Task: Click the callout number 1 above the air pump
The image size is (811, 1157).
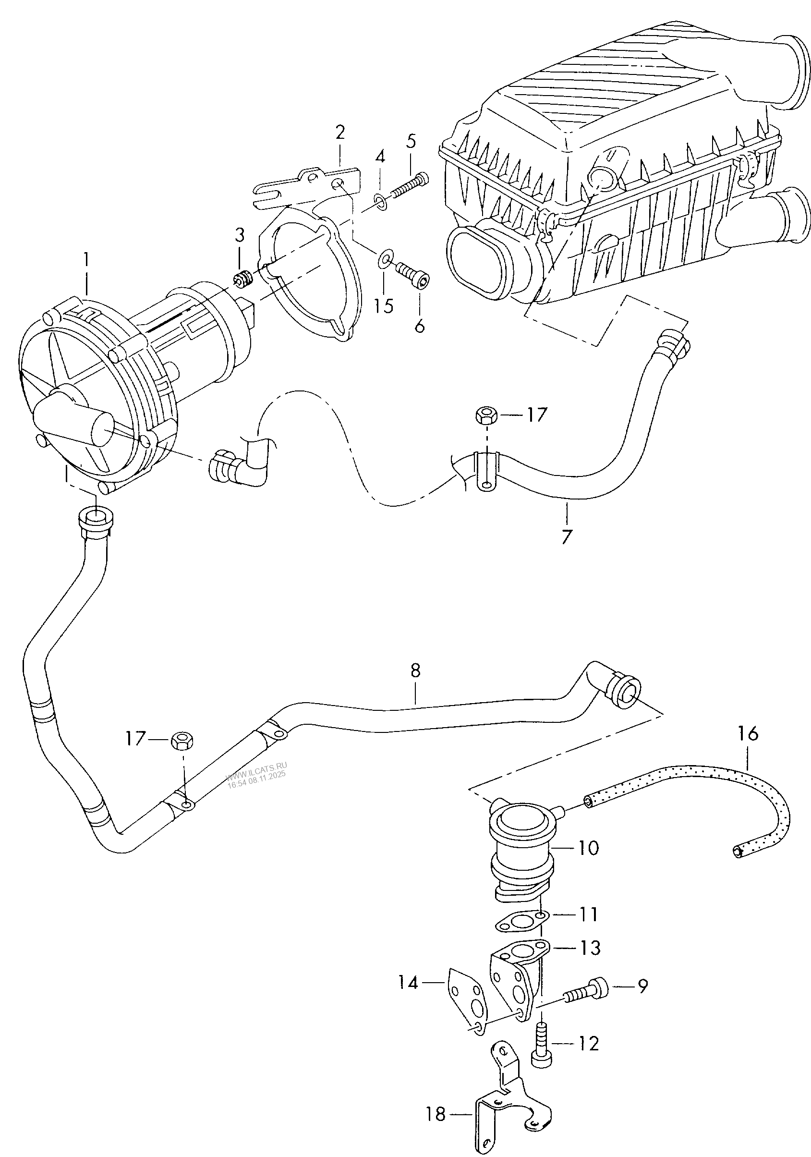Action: (86, 260)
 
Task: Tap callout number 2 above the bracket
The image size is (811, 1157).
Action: (340, 133)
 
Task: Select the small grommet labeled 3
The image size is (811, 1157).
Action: (243, 278)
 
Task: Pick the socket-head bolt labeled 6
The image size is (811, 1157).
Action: (413, 274)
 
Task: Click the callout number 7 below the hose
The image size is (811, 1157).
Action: (567, 536)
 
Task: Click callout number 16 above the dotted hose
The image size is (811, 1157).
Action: (748, 734)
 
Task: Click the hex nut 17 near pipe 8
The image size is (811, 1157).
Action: (180, 741)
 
